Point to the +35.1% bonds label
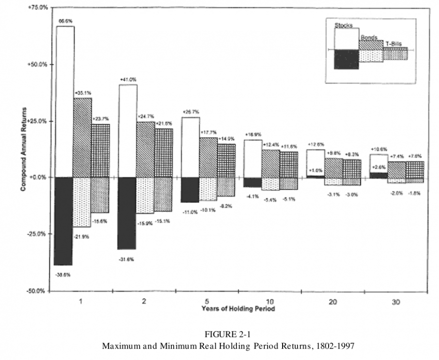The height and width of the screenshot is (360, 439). click(x=82, y=93)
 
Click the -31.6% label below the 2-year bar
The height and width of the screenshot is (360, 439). click(x=127, y=259)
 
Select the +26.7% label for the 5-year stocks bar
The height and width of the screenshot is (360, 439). click(x=190, y=112)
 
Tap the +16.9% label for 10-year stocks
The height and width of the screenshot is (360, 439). click(x=253, y=135)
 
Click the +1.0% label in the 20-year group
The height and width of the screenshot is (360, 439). click(x=315, y=170)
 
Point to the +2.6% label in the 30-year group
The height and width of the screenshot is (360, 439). click(x=378, y=167)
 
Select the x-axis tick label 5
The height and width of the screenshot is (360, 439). click(x=206, y=301)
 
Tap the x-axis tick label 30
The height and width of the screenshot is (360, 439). click(x=395, y=301)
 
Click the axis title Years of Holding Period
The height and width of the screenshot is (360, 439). click(x=238, y=309)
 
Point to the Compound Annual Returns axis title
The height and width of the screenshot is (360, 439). click(x=23, y=149)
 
